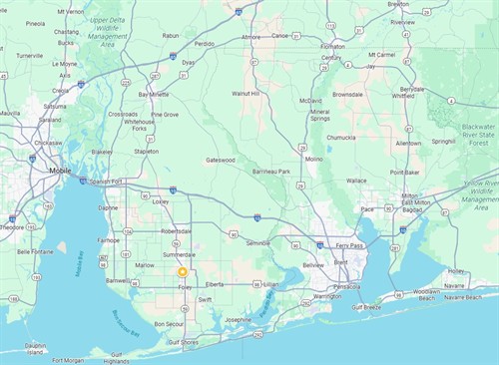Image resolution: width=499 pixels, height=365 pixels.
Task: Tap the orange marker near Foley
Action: click(183, 271)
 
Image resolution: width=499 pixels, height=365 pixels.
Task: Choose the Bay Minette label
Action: click(155, 94)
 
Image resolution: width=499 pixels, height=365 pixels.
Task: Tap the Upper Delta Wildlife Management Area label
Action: click(115, 31)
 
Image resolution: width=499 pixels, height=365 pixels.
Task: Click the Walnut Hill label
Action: click(246, 94)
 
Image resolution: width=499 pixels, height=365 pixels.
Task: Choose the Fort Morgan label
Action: click(71, 360)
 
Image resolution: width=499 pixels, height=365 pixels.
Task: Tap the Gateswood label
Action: click(221, 160)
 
